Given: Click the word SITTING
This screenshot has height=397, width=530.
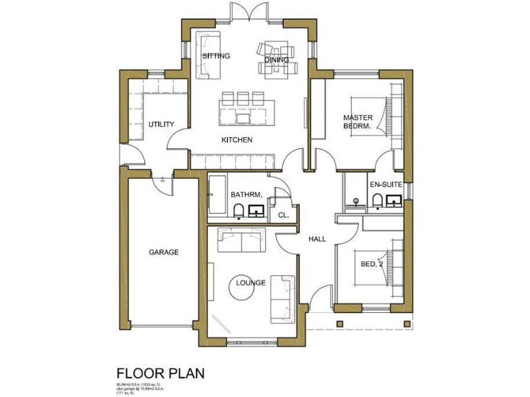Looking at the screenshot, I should coord(216,56).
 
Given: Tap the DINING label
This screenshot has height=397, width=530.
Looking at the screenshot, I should coord(277,59).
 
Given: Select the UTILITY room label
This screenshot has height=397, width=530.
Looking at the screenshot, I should coord(161,124).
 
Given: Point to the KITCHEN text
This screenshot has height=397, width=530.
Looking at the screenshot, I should coord(237,140).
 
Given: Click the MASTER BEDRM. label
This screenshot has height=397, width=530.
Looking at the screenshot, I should coord(357,122).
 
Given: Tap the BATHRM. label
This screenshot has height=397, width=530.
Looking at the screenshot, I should coord(245,195).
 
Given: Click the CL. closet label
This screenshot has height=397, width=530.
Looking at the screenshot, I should coord(283,215).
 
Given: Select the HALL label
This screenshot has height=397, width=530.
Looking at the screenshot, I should coord(317,238).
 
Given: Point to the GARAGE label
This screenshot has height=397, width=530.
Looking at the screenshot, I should coord(164,252).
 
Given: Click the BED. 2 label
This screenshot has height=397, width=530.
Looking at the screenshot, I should coord(371,264).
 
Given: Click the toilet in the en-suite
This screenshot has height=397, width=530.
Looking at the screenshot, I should coord(377,200).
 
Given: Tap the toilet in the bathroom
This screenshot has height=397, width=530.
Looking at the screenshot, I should coord(237,210).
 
